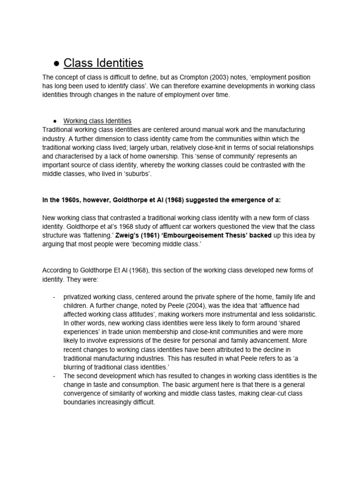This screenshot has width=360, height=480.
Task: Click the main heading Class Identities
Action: pos(103,63)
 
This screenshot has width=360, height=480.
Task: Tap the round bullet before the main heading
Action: pos(56,64)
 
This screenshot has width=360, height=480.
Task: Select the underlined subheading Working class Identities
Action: pos(97,120)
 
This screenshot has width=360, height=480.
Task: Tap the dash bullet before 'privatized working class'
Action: pos(55,297)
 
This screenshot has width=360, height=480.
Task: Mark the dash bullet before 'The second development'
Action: pos(55,376)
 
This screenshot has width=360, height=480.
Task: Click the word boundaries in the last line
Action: pos(83,402)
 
